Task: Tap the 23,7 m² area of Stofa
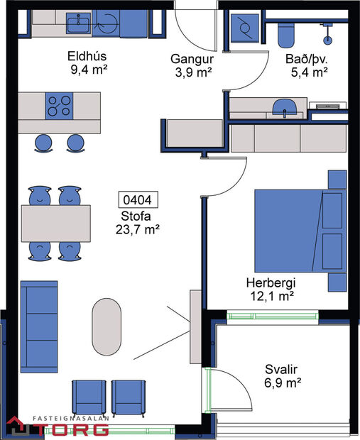click(138, 229)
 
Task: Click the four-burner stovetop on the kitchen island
click(60, 106)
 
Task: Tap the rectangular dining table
click(56, 223)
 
